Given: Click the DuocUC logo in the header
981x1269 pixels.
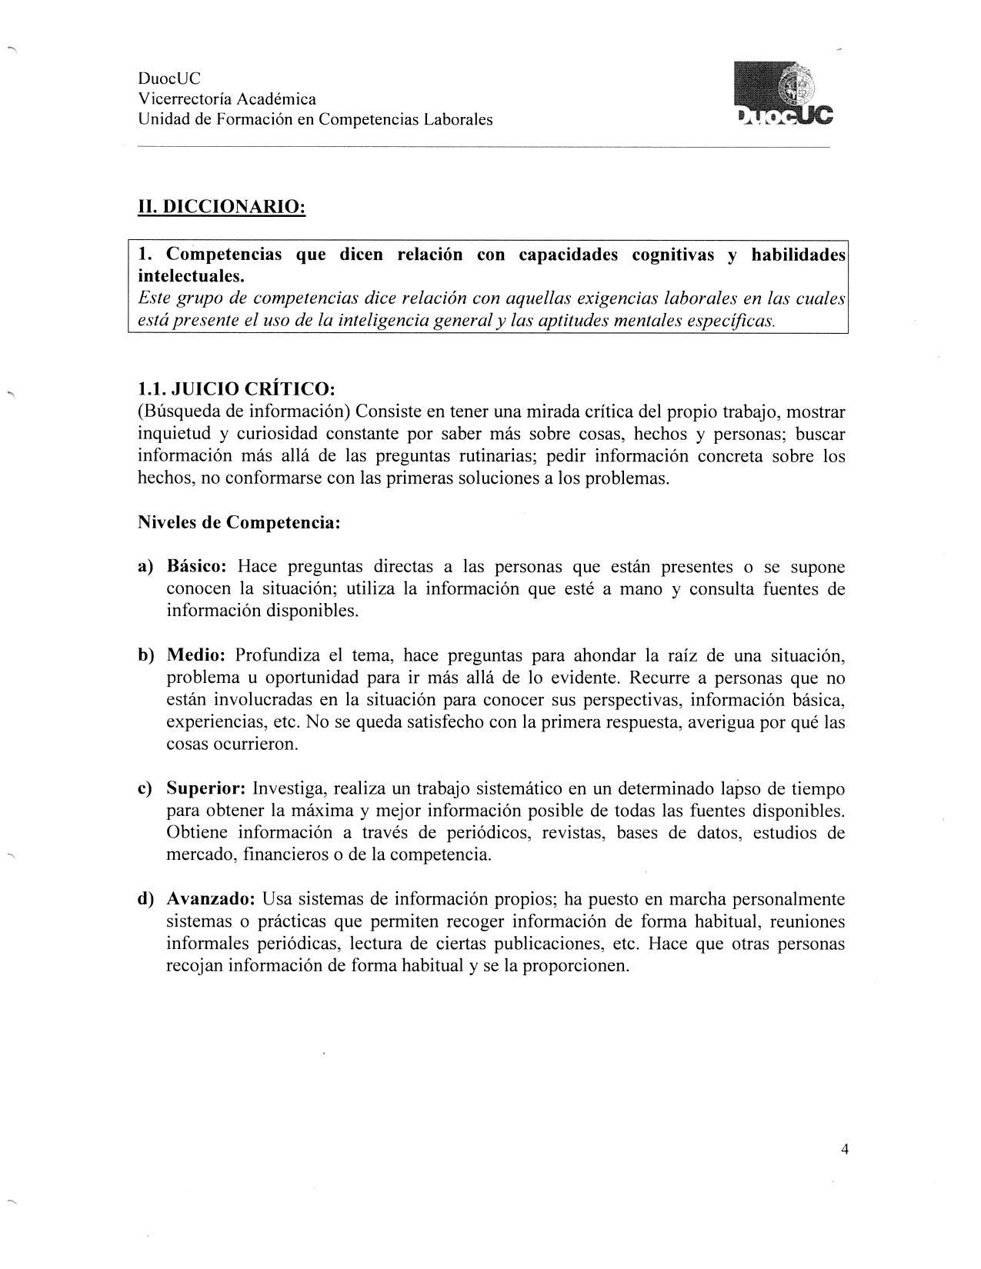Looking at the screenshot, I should (784, 95).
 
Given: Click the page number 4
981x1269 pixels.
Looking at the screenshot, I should (845, 1150).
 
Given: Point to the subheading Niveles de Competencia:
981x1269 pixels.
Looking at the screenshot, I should (239, 523).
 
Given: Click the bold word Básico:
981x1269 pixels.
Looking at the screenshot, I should (196, 568).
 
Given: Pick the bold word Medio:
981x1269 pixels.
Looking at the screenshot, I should (196, 656).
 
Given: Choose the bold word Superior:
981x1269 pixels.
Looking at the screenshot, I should (206, 789).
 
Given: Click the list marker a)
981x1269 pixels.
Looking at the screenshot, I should (146, 568).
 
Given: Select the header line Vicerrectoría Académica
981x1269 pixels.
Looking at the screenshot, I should (227, 99).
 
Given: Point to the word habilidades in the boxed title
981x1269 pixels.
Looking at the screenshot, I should (798, 255).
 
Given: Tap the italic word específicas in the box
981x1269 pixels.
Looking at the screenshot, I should (729, 321).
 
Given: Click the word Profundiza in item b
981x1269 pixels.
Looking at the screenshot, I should (275, 656).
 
